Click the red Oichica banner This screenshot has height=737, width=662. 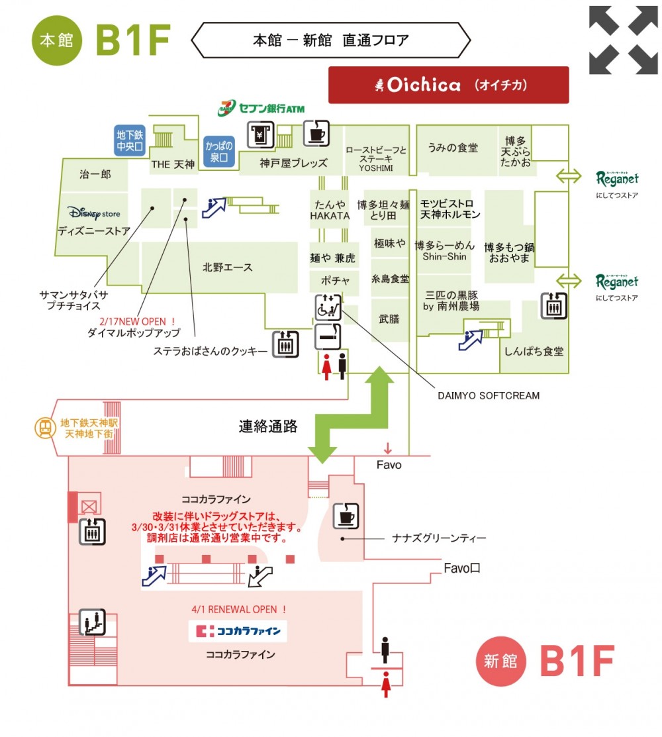pos(448,85)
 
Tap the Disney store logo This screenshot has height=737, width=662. pos(94,213)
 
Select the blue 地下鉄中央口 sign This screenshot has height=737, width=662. pos(130,140)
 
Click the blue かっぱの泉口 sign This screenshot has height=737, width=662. pos(219,152)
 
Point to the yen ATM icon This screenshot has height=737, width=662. pos(261,135)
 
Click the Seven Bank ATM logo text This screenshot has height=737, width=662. pos(261,108)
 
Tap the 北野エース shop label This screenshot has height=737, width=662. pos(228,268)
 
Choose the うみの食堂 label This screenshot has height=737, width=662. pos(452,148)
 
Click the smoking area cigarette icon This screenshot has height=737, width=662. pos(328,336)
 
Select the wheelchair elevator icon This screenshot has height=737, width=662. pos(328,307)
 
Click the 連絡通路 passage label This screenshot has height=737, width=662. pos(268,426)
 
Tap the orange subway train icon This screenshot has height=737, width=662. pos(45,428)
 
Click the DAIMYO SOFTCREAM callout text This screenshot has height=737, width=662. pos(489,396)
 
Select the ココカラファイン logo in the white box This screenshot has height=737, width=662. pos(238,631)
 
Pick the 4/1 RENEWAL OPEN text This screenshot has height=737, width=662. pos(239,610)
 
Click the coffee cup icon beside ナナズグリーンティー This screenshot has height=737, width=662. pos(346,516)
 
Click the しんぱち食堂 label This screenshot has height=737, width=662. pos(534,352)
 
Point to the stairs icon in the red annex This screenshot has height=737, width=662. pos(92,622)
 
